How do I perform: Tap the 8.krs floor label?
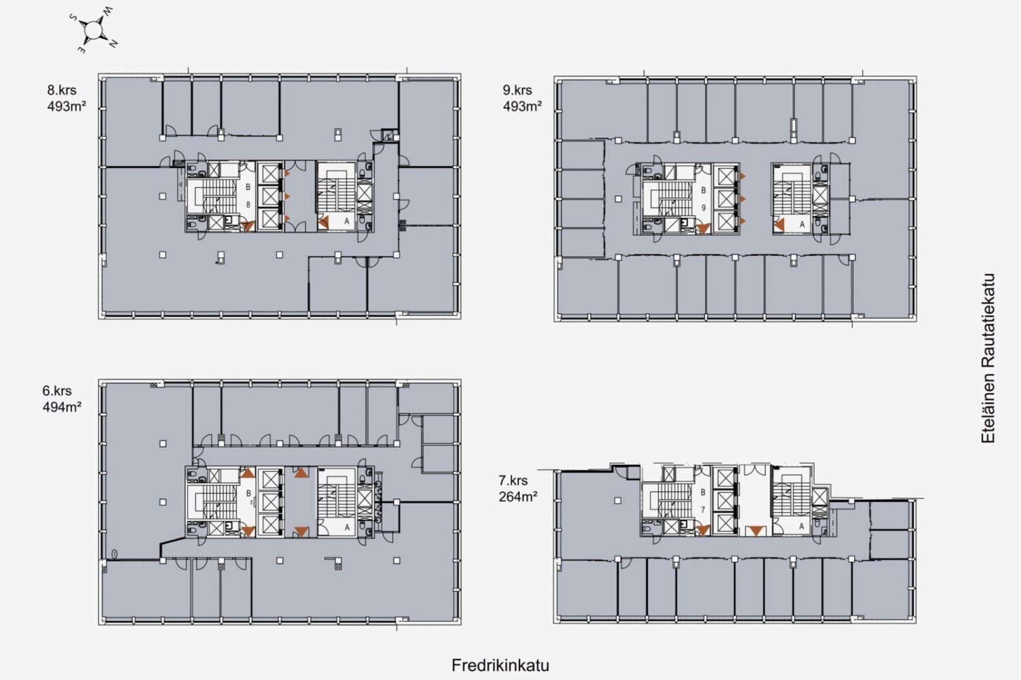(x=61, y=90)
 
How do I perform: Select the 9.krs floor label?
(x=517, y=90)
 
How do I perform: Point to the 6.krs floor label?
(x=57, y=391)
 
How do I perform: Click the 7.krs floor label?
(x=513, y=481)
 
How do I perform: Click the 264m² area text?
(x=518, y=496)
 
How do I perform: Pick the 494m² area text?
(x=62, y=407)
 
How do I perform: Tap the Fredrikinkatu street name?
(x=500, y=666)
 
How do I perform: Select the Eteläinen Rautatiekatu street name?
(x=988, y=358)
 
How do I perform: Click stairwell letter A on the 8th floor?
(x=347, y=222)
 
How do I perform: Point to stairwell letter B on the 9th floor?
(x=703, y=190)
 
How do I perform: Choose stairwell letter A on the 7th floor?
(x=802, y=526)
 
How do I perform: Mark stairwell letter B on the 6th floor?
(x=248, y=493)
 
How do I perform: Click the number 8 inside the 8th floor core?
(x=248, y=205)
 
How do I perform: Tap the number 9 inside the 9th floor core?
(x=704, y=207)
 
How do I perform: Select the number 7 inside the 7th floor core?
(x=703, y=509)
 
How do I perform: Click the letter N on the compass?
(x=114, y=44)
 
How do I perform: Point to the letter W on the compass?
(x=108, y=11)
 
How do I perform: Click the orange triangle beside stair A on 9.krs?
(x=779, y=225)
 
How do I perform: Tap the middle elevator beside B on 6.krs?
(x=270, y=501)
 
